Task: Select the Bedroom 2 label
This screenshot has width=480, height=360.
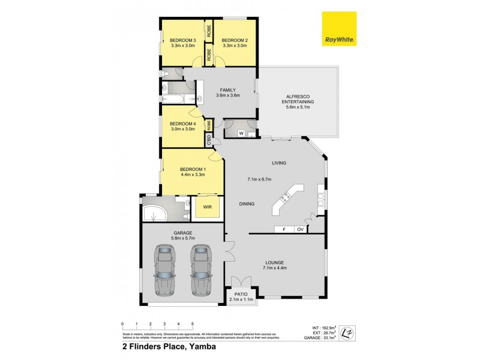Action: pos(235,40)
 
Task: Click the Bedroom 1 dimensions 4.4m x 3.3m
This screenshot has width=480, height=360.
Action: pos(193,175)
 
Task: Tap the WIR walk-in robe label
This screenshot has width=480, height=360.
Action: pos(208,208)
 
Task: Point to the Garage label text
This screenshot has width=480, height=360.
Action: pos(182,233)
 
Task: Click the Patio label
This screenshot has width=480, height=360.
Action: pos(242,294)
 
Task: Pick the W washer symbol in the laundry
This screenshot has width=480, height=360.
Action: pos(241,133)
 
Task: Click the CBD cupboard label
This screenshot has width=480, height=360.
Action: pos(209,142)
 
